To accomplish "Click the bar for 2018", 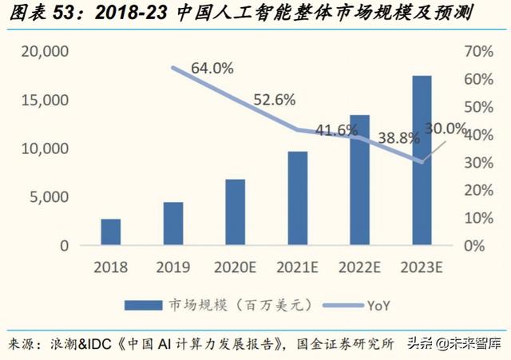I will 111,231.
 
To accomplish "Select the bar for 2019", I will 173,224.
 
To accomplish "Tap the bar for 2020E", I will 235,212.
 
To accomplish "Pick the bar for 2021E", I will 297,198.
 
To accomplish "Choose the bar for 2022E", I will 359,180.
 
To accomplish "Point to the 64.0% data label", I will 212,69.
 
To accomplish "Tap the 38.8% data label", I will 398,137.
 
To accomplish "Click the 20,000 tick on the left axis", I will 46,52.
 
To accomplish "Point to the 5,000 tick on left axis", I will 50,197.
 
